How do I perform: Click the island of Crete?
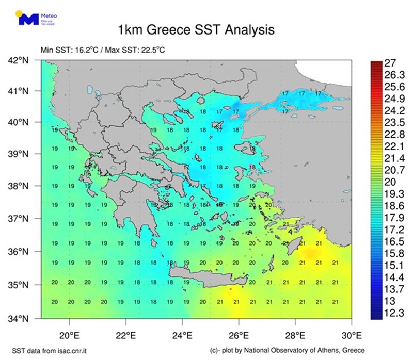point(206,272)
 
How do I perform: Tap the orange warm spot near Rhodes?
point(310,253)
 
